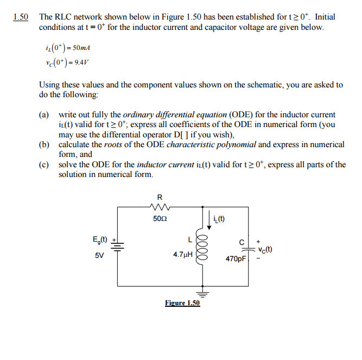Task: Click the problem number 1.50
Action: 21,17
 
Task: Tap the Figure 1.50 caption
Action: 182,303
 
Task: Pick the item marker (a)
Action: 44,115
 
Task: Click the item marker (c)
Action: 44,165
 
